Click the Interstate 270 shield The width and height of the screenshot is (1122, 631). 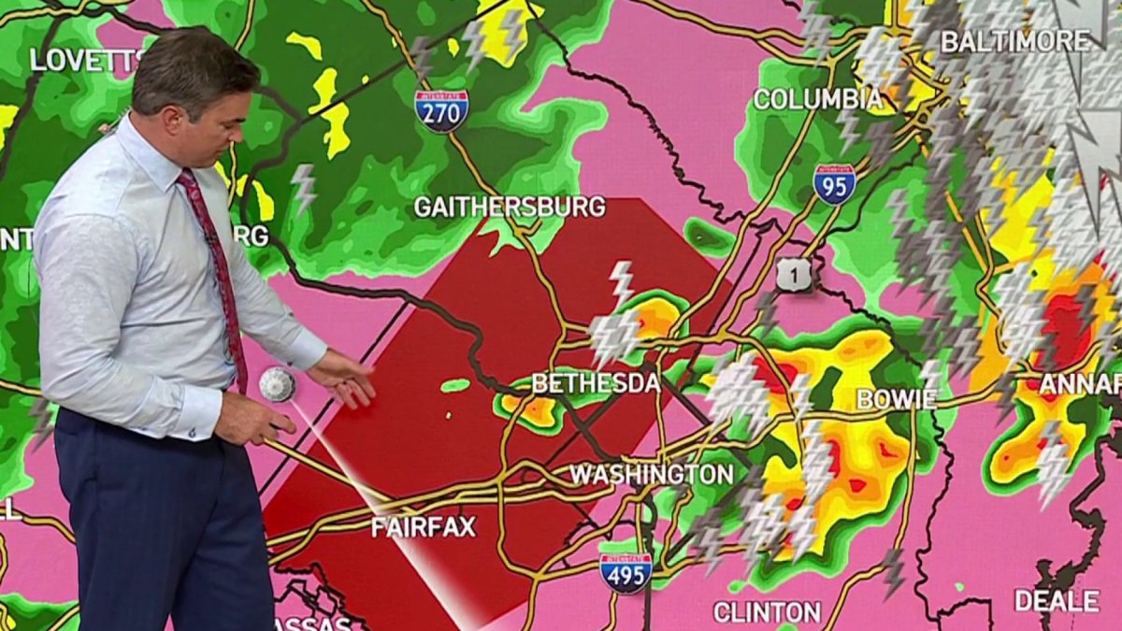[x=441, y=110]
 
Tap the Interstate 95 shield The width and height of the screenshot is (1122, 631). [x=833, y=184]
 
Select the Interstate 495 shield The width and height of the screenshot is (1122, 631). [x=626, y=572]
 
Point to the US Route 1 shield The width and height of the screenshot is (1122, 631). [x=794, y=274]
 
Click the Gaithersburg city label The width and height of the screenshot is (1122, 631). [x=510, y=207]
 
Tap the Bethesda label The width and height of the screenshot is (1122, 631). [x=596, y=383]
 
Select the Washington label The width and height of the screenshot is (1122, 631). [x=651, y=474]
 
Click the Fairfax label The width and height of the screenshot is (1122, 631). [x=423, y=526]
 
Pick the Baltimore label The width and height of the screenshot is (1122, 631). [x=1014, y=41]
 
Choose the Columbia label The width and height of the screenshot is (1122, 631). [x=817, y=99]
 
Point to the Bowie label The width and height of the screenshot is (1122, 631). [x=896, y=399]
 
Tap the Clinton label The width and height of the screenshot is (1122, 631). [x=767, y=612]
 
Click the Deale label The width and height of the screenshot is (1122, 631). [x=1057, y=601]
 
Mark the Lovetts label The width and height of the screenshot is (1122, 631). [x=87, y=60]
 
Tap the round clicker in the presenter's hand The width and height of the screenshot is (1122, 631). [x=277, y=384]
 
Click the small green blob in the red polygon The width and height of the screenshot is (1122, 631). [x=455, y=385]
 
